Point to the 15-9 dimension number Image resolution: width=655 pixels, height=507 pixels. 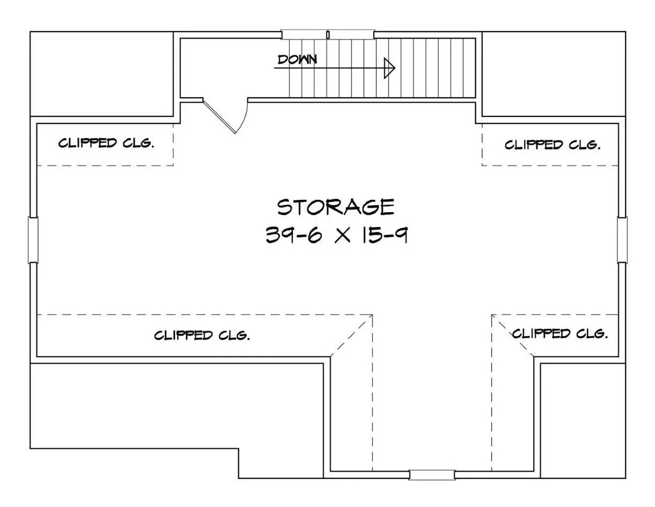[x=385, y=235]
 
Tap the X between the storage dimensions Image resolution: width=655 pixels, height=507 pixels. [x=342, y=235]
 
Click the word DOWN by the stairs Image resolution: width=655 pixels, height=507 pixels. [x=297, y=60]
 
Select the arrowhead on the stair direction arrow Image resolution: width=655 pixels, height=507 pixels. [x=389, y=68]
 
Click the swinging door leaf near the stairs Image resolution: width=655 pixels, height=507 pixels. [x=219, y=116]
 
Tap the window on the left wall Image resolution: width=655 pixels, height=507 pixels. [x=33, y=240]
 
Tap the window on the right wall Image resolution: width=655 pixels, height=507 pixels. [x=622, y=240]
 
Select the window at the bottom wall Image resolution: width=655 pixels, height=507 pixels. [x=432, y=475]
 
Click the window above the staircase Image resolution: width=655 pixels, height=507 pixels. [x=328, y=34]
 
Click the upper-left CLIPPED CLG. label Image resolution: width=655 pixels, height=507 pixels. [x=106, y=143]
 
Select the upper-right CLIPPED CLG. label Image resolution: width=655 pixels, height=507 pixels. [x=553, y=145]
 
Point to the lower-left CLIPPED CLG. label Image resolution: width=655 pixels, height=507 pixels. [x=202, y=335]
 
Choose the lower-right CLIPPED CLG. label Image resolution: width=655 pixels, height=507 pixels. [x=560, y=334]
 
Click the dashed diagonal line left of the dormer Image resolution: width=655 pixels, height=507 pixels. [x=351, y=336]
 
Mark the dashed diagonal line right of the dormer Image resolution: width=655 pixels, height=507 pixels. [x=513, y=336]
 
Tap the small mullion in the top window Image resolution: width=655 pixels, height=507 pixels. [x=328, y=34]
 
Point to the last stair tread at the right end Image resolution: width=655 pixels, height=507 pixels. [x=469, y=68]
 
